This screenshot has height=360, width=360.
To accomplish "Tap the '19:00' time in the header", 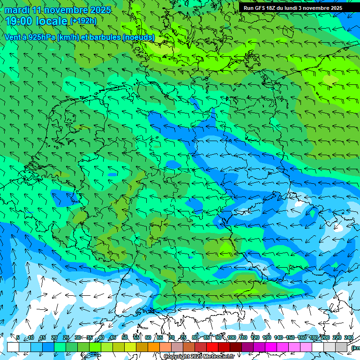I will [19, 21].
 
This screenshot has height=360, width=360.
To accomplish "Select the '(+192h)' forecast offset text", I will [83, 21].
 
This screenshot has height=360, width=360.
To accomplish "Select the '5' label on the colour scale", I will [18, 337].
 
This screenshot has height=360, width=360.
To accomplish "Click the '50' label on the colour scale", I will [125, 337].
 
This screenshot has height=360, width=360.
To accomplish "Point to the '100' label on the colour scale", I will [232, 337].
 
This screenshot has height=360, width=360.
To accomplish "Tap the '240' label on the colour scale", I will [349, 337].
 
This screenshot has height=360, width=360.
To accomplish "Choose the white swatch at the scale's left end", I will [13, 347].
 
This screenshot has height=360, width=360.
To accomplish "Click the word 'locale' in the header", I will [53, 21].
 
